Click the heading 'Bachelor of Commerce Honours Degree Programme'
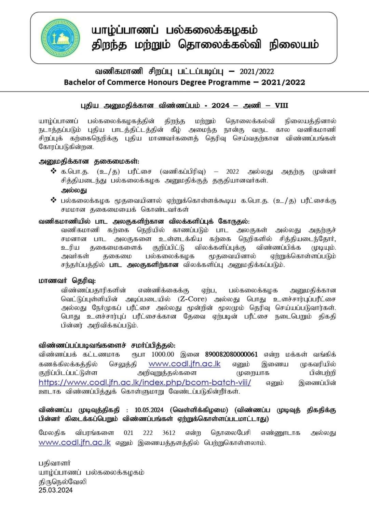[x=184, y=82]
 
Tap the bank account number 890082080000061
[x=231, y=354]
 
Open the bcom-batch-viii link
[x=145, y=382]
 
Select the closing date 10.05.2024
[x=149, y=410]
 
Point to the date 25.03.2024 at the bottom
[x=56, y=490]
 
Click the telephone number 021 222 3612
[x=149, y=433]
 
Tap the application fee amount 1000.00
[x=163, y=354]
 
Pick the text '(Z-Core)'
[x=192, y=299]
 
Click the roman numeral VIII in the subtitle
[x=282, y=105]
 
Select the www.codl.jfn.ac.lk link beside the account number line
[x=184, y=364]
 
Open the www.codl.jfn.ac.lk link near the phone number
[x=75, y=443]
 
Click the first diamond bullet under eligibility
[x=53, y=171]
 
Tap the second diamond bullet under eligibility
[x=53, y=200]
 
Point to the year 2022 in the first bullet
[x=232, y=172]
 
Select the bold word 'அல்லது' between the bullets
[x=74, y=190]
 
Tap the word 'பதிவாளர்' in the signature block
[x=55, y=463]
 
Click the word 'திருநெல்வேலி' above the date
[x=63, y=481]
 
